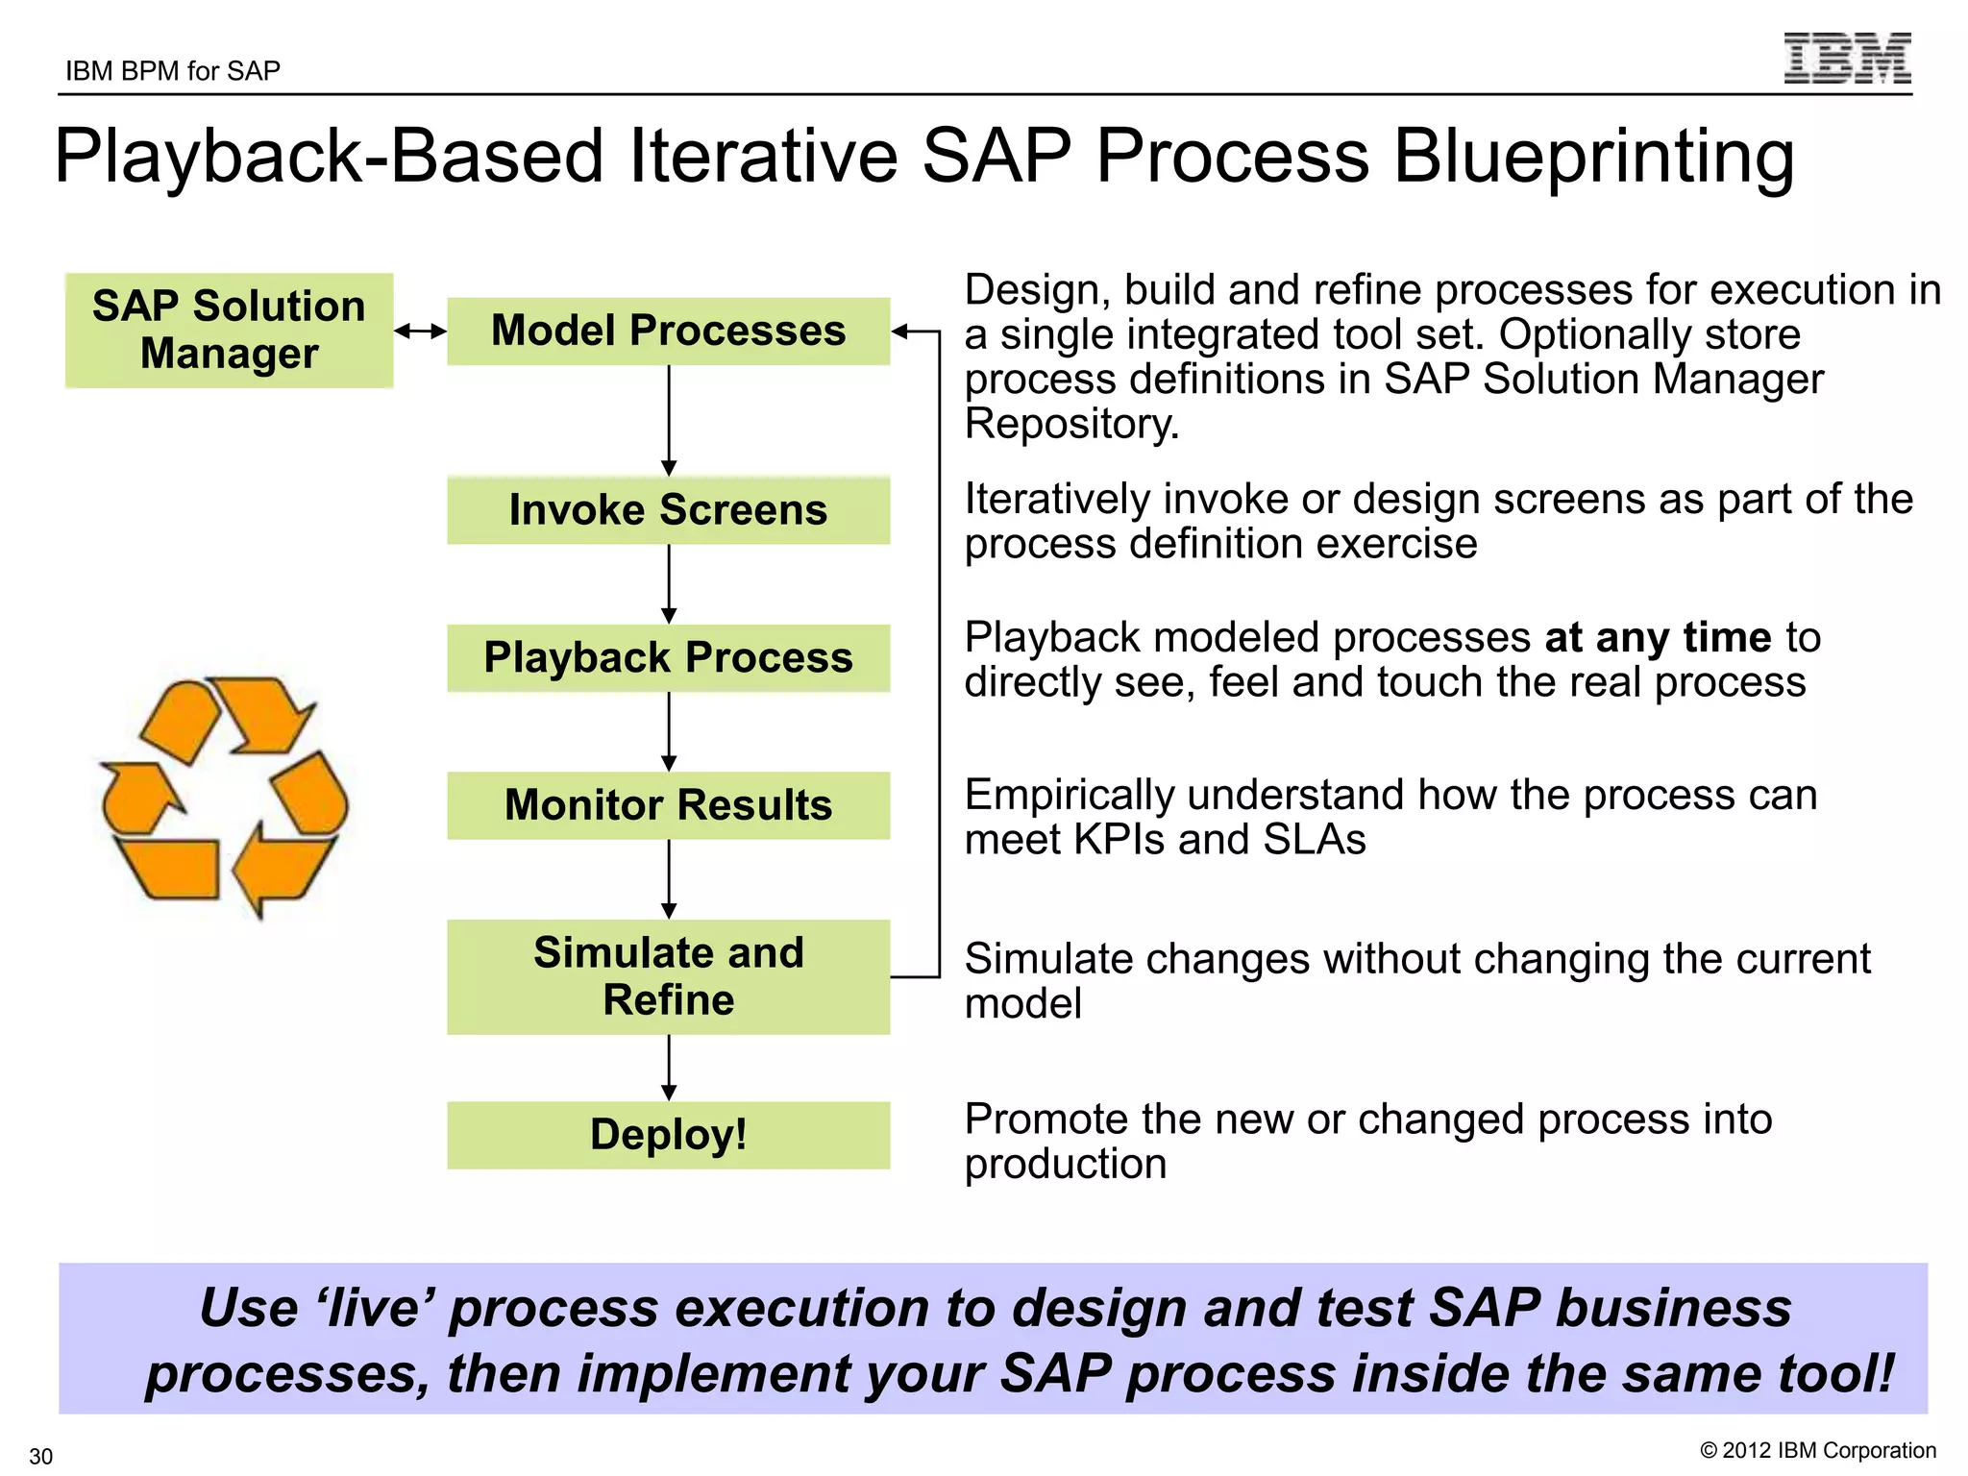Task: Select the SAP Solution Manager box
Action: click(229, 330)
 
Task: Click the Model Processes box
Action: click(668, 331)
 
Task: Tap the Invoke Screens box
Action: click(668, 509)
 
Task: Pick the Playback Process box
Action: click(668, 657)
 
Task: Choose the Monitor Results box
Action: click(668, 805)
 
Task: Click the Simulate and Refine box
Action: click(668, 976)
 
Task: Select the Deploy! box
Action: click(668, 1135)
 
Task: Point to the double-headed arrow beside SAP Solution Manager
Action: click(421, 332)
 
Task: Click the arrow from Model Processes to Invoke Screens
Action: click(669, 420)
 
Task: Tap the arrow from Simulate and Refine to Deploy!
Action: click(669, 1067)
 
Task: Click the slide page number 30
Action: click(40, 1456)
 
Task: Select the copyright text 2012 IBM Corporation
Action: click(1817, 1450)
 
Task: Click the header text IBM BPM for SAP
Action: click(173, 71)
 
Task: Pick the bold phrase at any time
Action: click(1657, 638)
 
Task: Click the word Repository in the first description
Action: click(1070, 424)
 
